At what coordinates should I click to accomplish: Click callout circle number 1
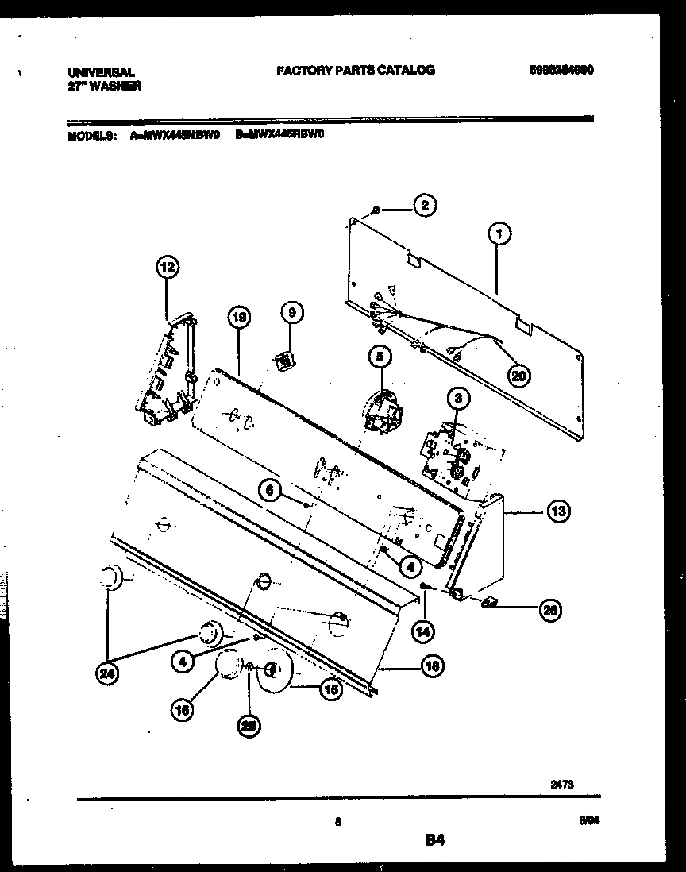point(499,233)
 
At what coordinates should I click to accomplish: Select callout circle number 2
point(425,206)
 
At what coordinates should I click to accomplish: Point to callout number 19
point(238,318)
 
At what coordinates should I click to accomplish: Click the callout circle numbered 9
point(291,313)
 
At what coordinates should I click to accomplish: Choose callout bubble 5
point(379,358)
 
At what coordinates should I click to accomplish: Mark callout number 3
point(457,396)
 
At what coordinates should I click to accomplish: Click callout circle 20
point(519,377)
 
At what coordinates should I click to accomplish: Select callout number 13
point(558,511)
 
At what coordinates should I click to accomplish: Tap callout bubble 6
point(269,491)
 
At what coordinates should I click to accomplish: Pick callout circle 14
point(424,631)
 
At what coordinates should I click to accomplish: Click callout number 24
point(105,674)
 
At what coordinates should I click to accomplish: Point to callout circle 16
point(182,712)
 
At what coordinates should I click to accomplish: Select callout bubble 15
point(330,691)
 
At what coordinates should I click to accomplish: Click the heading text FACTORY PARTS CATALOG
point(355,70)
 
